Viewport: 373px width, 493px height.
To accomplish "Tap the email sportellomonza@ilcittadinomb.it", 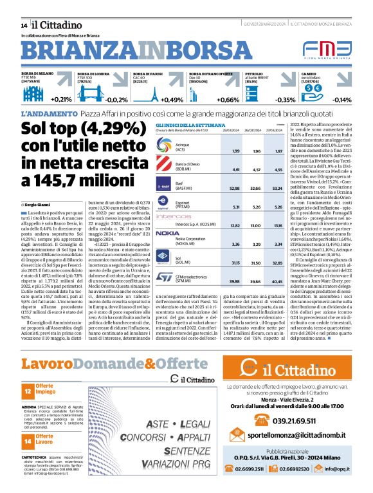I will (298, 436).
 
